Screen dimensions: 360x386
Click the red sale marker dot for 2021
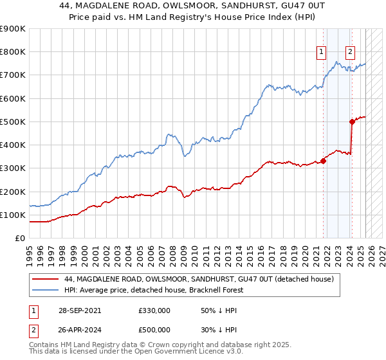point(323,161)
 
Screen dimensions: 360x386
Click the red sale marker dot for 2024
point(352,121)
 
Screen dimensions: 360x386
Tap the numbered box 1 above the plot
point(320,53)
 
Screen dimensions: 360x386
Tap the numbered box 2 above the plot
point(349,53)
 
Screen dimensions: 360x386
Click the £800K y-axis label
point(13,52)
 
